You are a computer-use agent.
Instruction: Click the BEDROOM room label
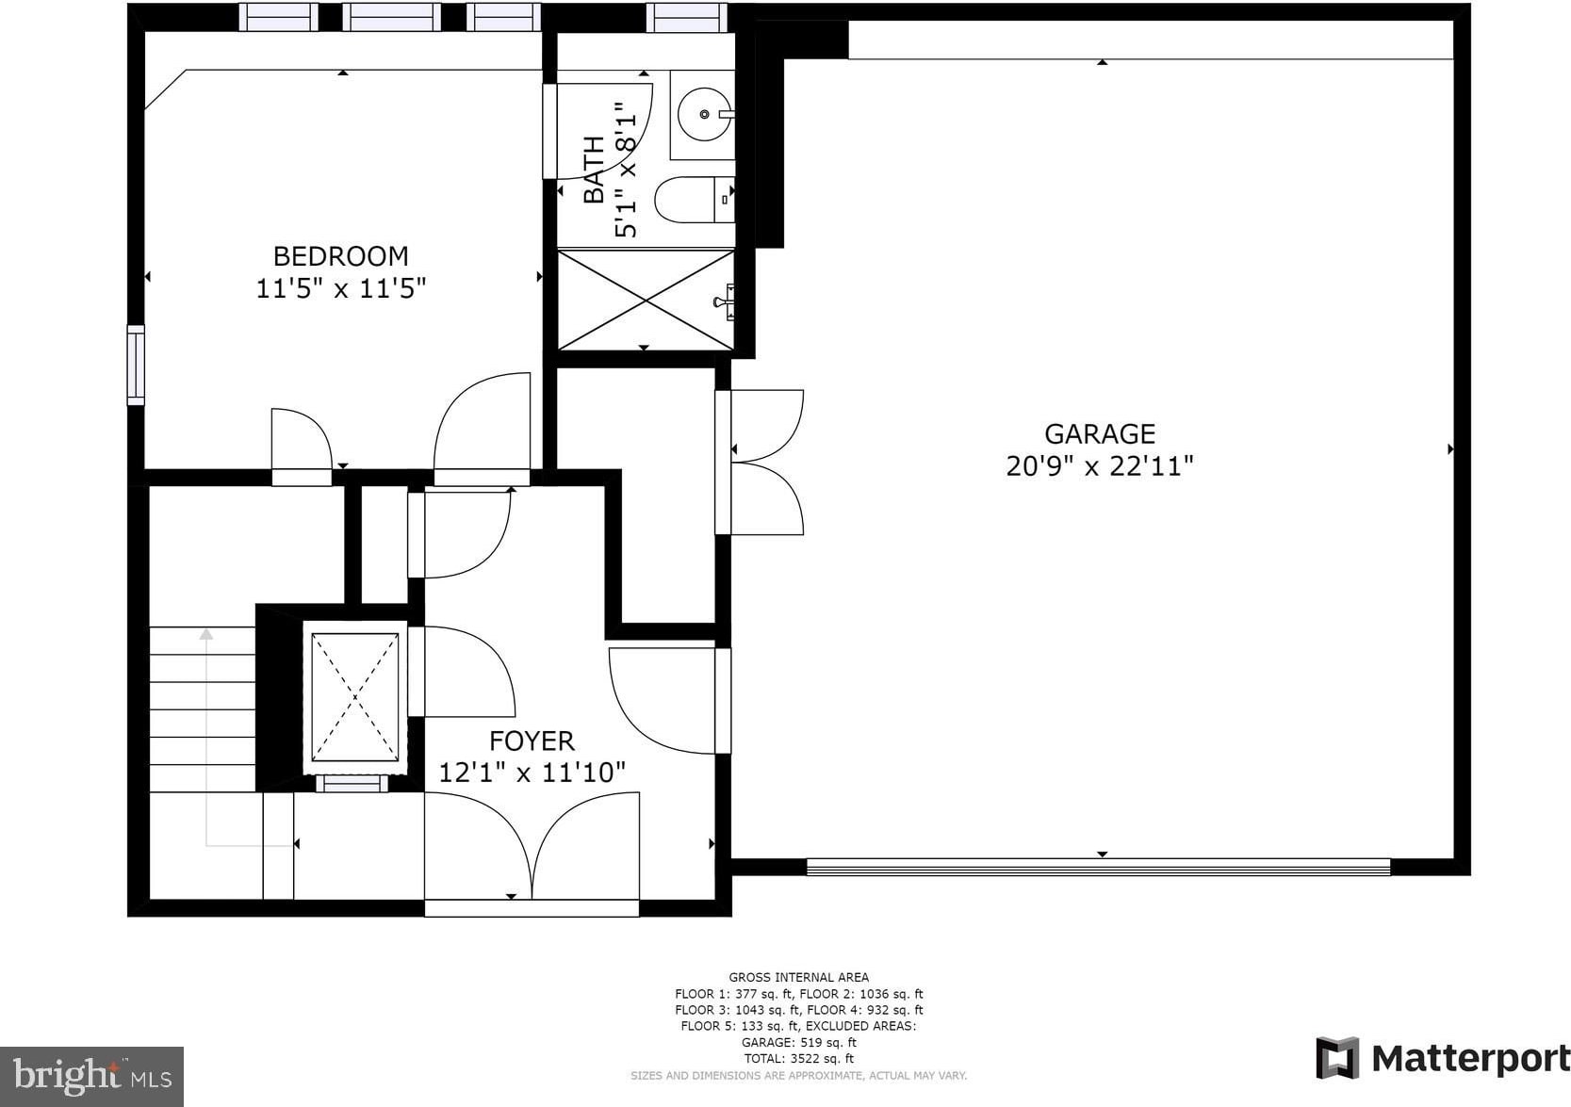click(341, 256)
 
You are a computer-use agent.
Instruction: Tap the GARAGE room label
click(1100, 434)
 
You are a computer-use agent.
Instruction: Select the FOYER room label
click(532, 741)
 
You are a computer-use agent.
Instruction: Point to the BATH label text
click(594, 170)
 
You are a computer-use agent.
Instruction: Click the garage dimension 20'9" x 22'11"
click(1100, 466)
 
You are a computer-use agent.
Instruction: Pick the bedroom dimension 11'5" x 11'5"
click(341, 288)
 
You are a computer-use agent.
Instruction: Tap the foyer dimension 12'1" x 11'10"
click(532, 773)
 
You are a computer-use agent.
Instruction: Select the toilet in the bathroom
click(695, 200)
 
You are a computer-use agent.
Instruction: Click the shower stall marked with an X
click(646, 300)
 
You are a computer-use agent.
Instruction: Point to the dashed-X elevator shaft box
click(355, 697)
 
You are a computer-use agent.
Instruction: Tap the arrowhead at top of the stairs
click(206, 634)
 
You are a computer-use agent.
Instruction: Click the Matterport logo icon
click(1336, 1058)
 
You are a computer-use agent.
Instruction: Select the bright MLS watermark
click(91, 1077)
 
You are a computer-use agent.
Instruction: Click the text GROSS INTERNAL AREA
click(799, 977)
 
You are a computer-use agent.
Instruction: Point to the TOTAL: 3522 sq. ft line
click(799, 1059)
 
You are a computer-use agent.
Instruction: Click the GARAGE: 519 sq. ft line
click(799, 1043)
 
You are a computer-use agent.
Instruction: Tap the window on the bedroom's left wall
click(136, 365)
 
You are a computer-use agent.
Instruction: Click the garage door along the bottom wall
click(1098, 868)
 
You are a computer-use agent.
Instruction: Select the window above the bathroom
click(687, 18)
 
